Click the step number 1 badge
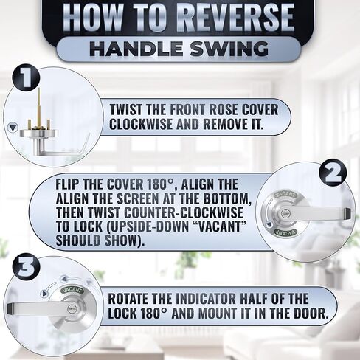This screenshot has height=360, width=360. click(26, 78)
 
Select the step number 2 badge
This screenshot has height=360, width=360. click(333, 173)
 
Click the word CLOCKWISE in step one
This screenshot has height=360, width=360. click(141, 124)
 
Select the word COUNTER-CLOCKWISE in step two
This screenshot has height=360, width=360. click(184, 212)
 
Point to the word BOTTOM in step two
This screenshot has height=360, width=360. click(226, 198)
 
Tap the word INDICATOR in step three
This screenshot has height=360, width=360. click(206, 299)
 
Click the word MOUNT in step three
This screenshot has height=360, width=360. click(218, 313)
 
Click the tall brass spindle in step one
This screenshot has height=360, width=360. click(39, 107)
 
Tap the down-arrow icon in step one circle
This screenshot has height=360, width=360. click(13, 128)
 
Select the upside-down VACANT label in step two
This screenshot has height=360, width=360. click(286, 232)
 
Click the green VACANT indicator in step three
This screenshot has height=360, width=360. click(72, 290)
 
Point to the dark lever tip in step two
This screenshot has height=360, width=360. click(347, 213)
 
